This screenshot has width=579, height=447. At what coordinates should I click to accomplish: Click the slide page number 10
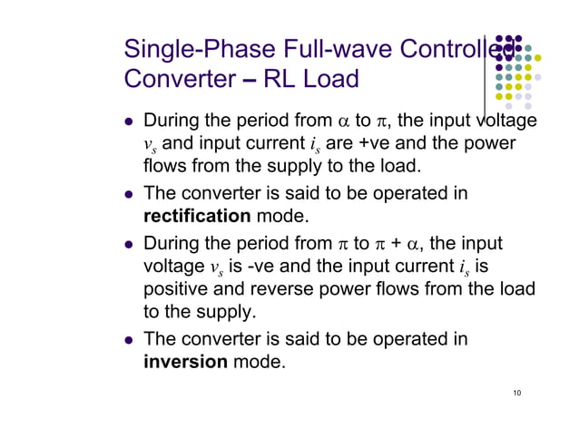click(516, 392)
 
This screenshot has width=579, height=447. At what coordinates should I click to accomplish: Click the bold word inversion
click(185, 363)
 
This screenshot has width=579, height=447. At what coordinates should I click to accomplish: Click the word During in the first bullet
click(176, 121)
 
